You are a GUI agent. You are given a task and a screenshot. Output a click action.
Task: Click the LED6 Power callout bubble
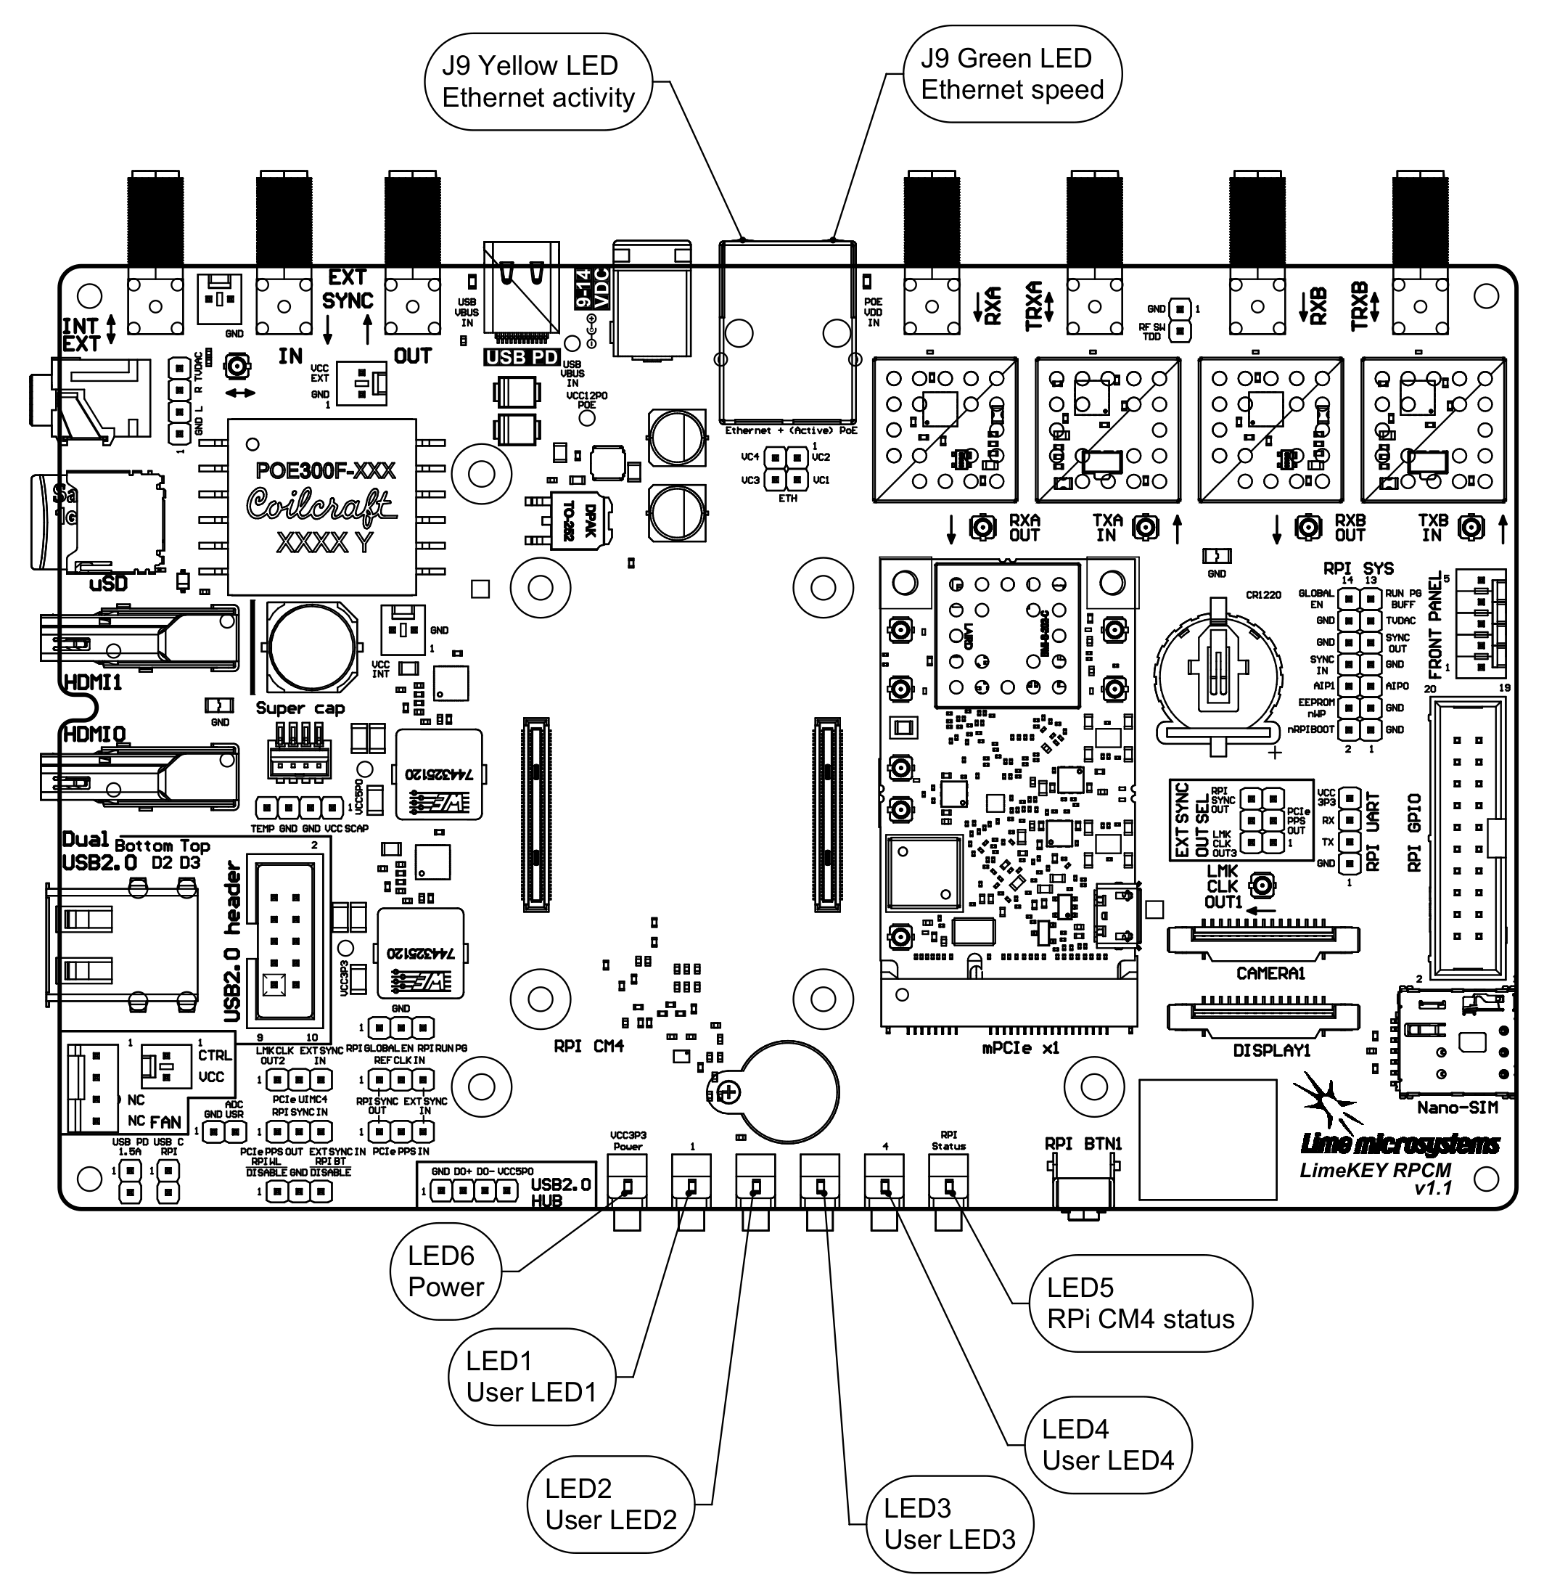[x=445, y=1271]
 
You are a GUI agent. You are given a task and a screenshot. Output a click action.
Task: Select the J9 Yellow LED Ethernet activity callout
[x=538, y=81]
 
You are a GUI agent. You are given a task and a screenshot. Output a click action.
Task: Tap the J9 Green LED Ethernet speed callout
[x=1012, y=74]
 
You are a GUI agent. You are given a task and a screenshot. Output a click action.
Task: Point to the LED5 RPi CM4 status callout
[x=1140, y=1303]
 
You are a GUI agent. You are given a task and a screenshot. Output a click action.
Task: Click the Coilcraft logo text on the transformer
[x=321, y=505]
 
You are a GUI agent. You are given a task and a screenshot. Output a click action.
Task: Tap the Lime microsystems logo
[x=1400, y=1145]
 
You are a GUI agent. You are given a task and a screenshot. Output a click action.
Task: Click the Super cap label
[x=300, y=708]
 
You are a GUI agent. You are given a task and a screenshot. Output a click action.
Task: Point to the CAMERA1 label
[x=1270, y=973]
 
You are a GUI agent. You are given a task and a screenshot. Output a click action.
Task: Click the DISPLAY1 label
[x=1271, y=1050]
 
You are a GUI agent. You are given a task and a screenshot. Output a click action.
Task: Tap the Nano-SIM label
[x=1457, y=1107]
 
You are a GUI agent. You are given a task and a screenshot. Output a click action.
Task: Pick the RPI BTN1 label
[x=1083, y=1144]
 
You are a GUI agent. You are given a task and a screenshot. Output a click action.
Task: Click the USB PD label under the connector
[x=522, y=357]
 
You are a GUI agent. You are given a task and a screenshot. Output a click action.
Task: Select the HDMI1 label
[x=92, y=682]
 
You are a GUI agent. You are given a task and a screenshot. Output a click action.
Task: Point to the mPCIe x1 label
[x=1021, y=1048]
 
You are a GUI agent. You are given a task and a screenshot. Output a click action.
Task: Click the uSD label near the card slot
[x=108, y=583]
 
